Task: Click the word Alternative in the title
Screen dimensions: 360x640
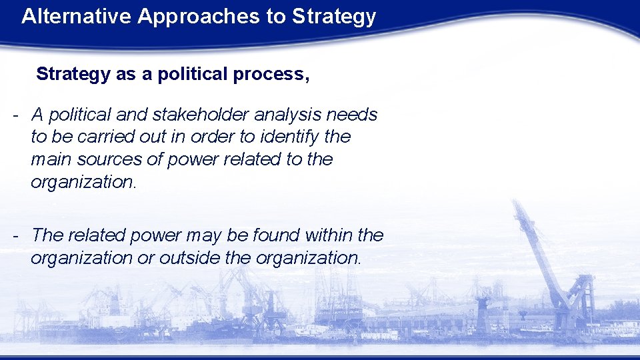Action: click(x=77, y=17)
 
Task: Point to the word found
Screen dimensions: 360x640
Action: click(x=273, y=235)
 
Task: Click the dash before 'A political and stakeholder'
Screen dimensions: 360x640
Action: click(x=15, y=115)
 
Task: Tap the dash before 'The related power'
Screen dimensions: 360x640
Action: click(x=15, y=235)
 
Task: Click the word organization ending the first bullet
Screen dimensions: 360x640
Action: click(x=83, y=183)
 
